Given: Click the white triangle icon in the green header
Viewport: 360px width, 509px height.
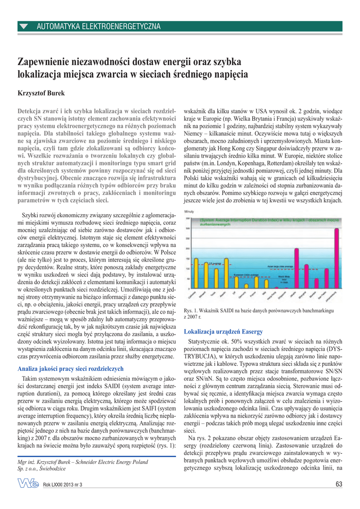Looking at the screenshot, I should tap(24, 26).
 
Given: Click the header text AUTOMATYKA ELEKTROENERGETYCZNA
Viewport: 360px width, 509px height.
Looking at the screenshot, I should tap(98, 26).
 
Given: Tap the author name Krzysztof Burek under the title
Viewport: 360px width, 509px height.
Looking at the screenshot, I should tap(41, 93).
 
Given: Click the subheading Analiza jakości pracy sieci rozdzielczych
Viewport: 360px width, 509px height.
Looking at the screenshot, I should tap(70, 369).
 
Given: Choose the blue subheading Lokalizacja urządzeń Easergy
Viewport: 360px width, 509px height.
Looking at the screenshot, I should tap(223, 331).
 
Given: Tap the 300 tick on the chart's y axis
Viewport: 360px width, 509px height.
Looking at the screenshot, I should tap(187, 229).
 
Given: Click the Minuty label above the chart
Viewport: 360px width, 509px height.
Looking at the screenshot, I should tap(189, 212).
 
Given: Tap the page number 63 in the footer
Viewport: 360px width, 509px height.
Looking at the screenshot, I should tap(339, 484).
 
